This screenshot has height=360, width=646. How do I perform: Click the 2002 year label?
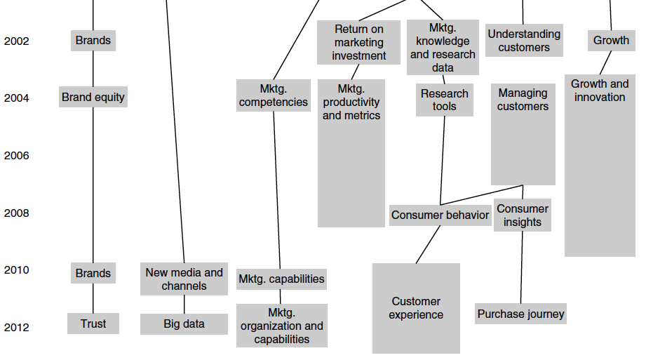(17, 41)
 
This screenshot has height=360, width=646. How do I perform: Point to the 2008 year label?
(17, 213)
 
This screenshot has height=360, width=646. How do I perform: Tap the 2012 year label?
(17, 328)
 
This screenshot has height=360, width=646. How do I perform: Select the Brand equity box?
(93, 98)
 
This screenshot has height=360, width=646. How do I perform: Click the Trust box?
(93, 324)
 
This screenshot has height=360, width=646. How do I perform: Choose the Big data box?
(184, 324)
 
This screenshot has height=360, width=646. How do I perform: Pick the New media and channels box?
(184, 279)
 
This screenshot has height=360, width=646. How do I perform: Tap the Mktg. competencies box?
(274, 95)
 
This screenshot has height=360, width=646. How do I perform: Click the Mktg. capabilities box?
(281, 279)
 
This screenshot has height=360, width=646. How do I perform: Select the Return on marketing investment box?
(358, 42)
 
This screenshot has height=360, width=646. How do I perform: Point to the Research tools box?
(445, 100)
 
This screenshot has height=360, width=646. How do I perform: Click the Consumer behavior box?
(440, 215)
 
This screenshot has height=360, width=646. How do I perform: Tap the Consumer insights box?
(523, 215)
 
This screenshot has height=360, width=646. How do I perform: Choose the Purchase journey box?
(520, 314)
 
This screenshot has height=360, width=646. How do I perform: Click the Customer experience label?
(416, 308)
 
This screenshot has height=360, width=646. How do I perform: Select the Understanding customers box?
(524, 41)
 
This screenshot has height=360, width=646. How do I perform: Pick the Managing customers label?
(523, 100)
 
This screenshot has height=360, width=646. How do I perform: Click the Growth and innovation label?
(600, 91)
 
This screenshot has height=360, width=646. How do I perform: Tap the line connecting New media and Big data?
(184, 305)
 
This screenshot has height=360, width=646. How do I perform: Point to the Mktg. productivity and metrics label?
(351, 102)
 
